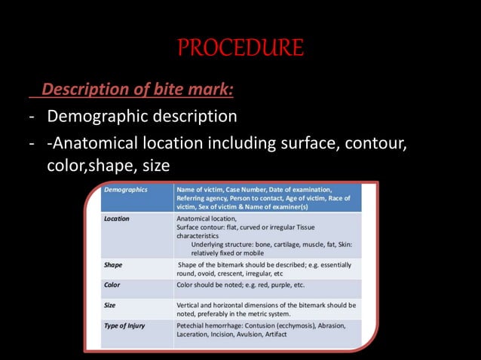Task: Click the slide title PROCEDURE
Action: click(240, 48)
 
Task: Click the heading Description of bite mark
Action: click(136, 90)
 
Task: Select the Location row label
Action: click(116, 219)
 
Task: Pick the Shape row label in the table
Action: click(113, 265)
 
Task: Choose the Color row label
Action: click(112, 285)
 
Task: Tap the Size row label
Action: click(110, 305)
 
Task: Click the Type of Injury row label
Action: click(125, 325)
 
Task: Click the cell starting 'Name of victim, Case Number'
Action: click(264, 197)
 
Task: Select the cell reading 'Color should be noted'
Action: click(240, 285)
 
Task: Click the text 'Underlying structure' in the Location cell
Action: click(226, 245)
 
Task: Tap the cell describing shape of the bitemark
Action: click(264, 270)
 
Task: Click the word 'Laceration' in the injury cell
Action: click(195, 334)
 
